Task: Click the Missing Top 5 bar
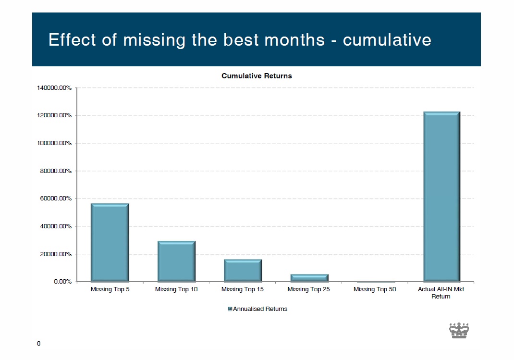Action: [x=110, y=242]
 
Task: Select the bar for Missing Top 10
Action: [x=176, y=261]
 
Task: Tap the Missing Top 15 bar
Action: [x=243, y=271]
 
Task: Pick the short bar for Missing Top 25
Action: [x=309, y=278]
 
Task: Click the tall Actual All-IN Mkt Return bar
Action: [x=442, y=197]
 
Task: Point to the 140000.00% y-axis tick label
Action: [x=54, y=88]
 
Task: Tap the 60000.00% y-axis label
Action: [x=56, y=199]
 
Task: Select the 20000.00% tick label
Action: [x=56, y=254]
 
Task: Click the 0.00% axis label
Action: [x=62, y=282]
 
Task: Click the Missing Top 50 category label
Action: [x=375, y=289]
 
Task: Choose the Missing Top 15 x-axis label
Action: [x=242, y=289]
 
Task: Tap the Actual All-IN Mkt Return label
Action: [x=441, y=293]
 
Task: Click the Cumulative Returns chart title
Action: [x=257, y=76]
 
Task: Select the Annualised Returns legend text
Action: [x=260, y=309]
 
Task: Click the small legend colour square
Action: [x=230, y=309]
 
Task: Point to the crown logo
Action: [x=459, y=330]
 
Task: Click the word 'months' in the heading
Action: [x=294, y=40]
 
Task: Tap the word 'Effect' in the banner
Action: [x=72, y=40]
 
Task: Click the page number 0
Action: [x=39, y=344]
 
